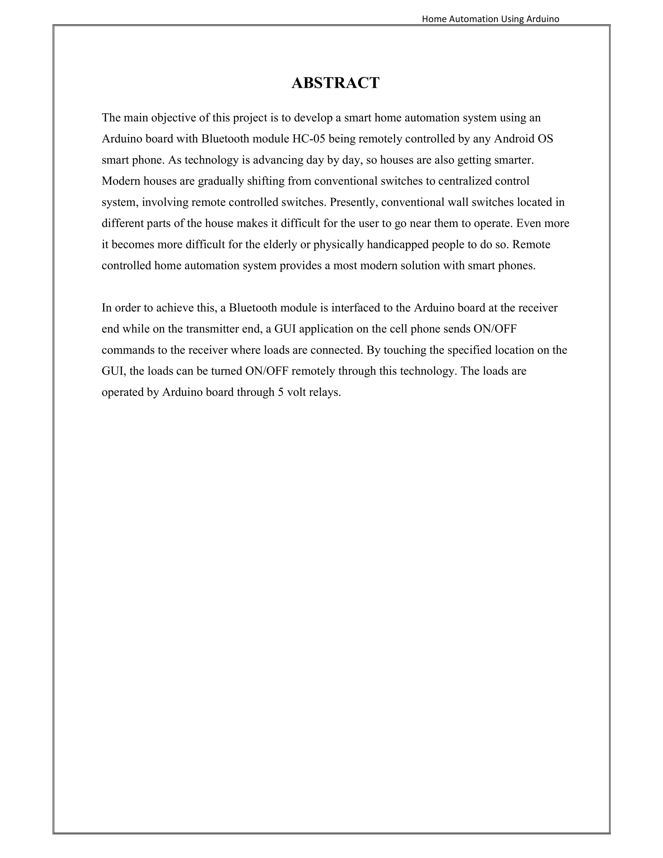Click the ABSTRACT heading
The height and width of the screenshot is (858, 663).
click(335, 83)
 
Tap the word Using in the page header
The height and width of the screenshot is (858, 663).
click(512, 19)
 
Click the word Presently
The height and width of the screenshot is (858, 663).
click(353, 202)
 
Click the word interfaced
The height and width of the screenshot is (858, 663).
click(355, 308)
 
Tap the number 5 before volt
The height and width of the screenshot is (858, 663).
click(280, 392)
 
